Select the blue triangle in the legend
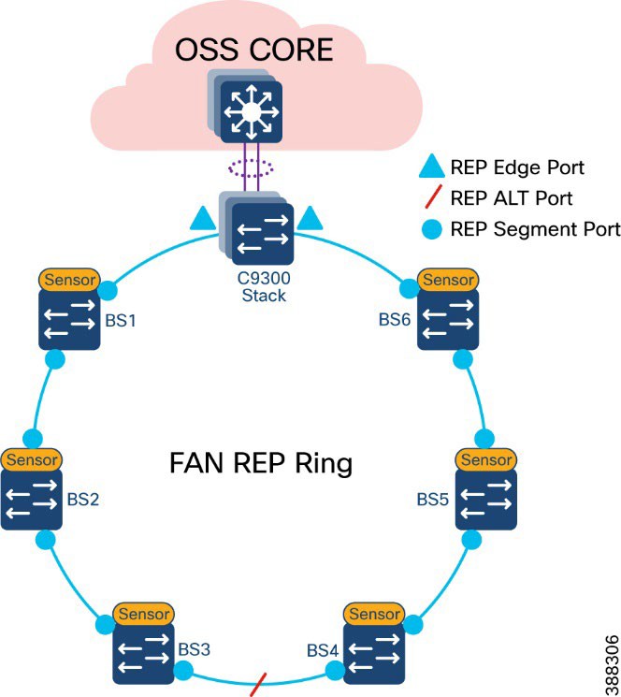pyautogui.click(x=428, y=168)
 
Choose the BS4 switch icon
pyautogui.click(x=373, y=654)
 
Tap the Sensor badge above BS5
pyautogui.click(x=484, y=459)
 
